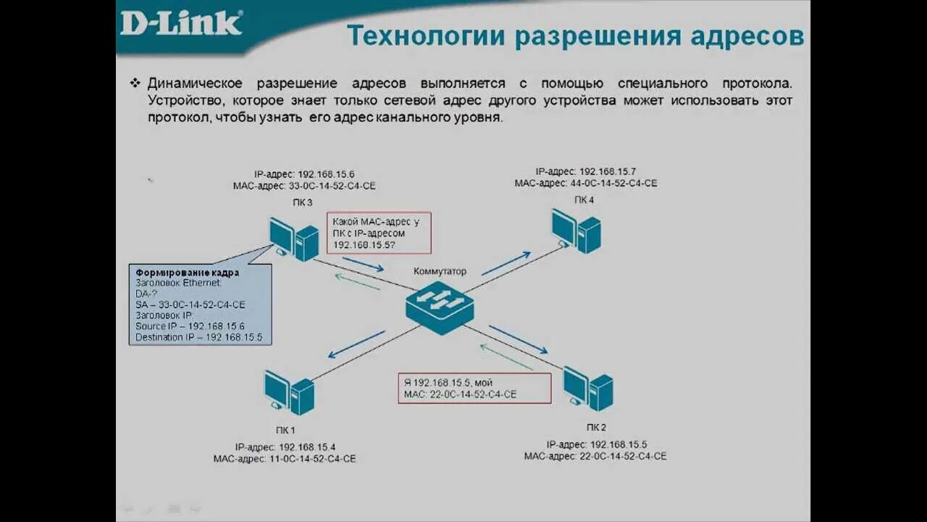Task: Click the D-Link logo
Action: coord(180,22)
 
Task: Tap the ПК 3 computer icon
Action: coord(294,239)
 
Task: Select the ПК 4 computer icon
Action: coord(576,231)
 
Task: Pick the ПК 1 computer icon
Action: coord(289,392)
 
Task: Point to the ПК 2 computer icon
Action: coord(588,389)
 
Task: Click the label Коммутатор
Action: coord(440,271)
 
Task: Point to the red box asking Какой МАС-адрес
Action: coord(379,233)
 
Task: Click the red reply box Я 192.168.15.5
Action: coord(474,388)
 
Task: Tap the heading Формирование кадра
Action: coord(188,273)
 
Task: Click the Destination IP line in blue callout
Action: coord(198,337)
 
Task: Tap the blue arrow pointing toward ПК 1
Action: coord(356,344)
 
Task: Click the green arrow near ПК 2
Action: coord(506,357)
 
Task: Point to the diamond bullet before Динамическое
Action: coord(135,83)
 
